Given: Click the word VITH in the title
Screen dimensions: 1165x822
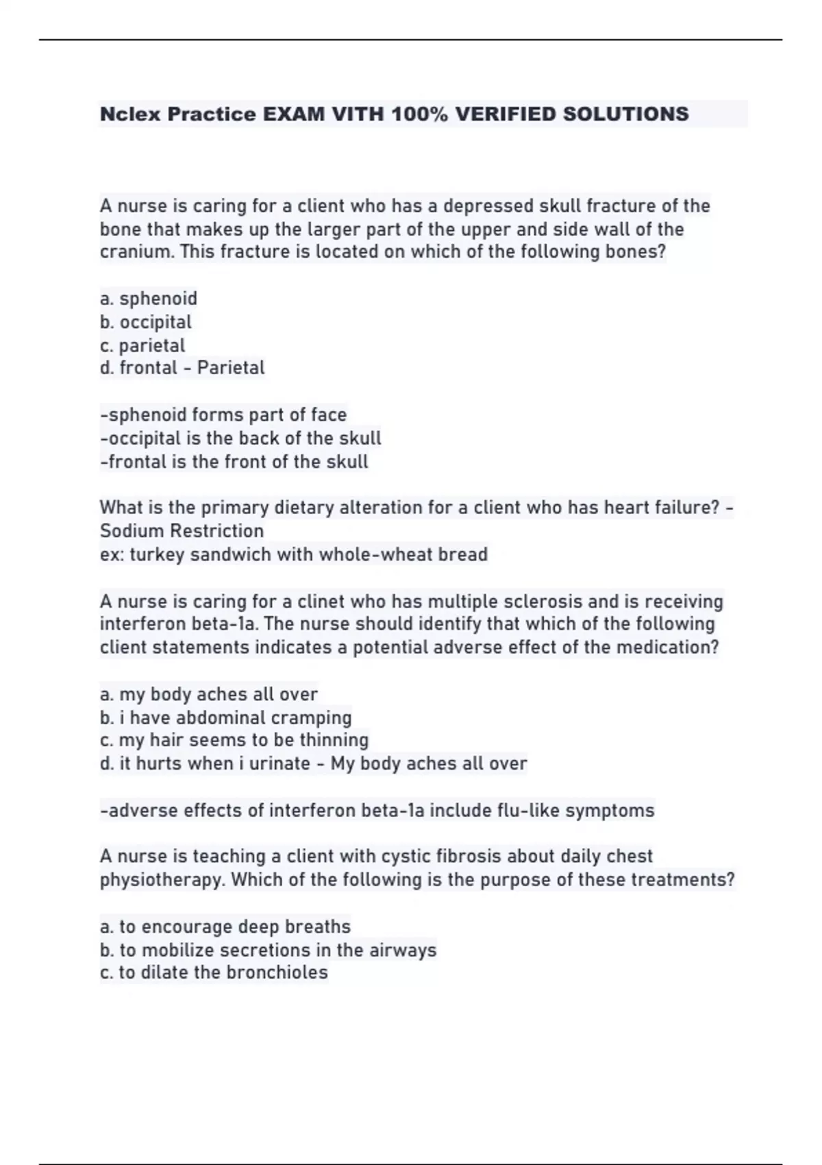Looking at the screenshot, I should [358, 114].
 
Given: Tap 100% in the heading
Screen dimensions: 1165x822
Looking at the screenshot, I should [419, 114].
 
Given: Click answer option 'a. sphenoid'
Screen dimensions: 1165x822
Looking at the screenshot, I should [149, 299].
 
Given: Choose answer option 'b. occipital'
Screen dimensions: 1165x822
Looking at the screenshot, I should [146, 322].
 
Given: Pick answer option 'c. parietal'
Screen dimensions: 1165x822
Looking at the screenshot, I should [142, 345].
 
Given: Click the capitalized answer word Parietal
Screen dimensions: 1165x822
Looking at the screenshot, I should [230, 368].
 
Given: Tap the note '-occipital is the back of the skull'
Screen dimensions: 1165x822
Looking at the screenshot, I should [240, 439].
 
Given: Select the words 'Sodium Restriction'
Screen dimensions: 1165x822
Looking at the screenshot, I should [182, 531].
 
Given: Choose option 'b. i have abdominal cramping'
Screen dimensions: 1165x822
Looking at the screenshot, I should [225, 718].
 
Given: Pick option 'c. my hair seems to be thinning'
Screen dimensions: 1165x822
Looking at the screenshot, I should [234, 740].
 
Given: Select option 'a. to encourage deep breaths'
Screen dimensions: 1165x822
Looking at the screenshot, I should [225, 927].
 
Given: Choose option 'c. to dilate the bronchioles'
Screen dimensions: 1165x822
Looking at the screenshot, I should [214, 972].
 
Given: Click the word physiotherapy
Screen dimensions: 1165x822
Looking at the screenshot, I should [162, 880].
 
